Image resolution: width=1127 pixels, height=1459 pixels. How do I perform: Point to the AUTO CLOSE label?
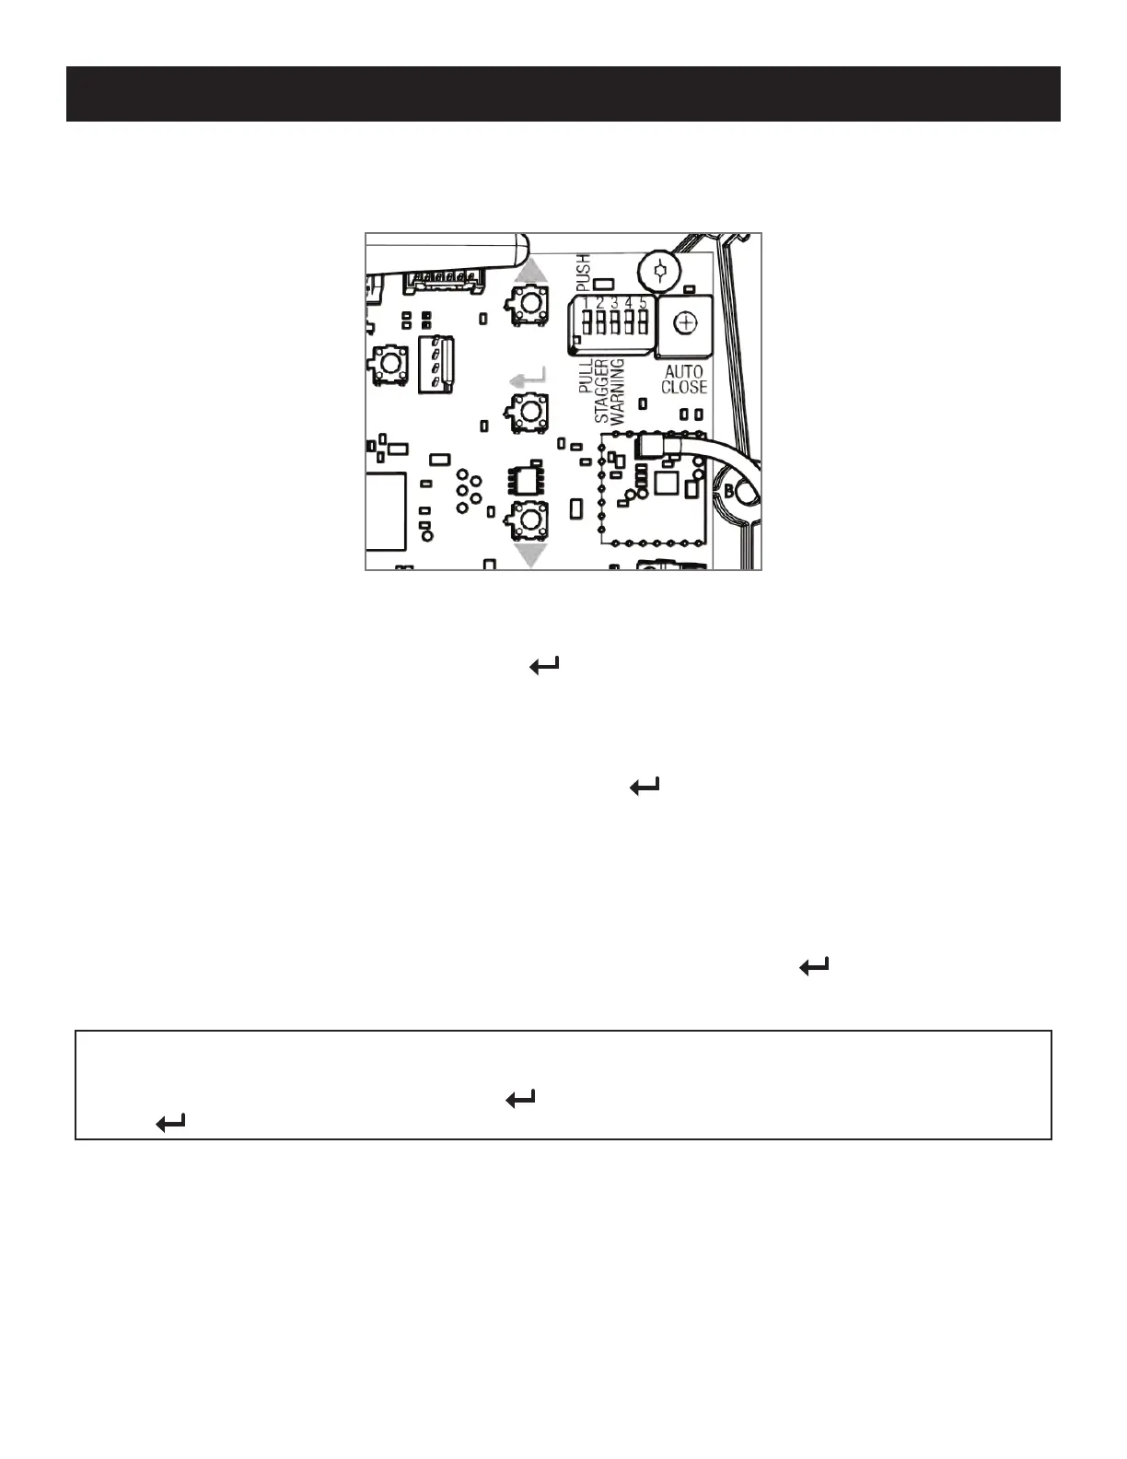pyautogui.click(x=684, y=379)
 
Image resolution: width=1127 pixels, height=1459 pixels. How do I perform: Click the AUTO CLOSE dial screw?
pyautogui.click(x=684, y=322)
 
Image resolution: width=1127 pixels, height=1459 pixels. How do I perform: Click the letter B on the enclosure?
pyautogui.click(x=729, y=492)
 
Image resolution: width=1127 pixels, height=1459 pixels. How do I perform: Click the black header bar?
pyautogui.click(x=563, y=94)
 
